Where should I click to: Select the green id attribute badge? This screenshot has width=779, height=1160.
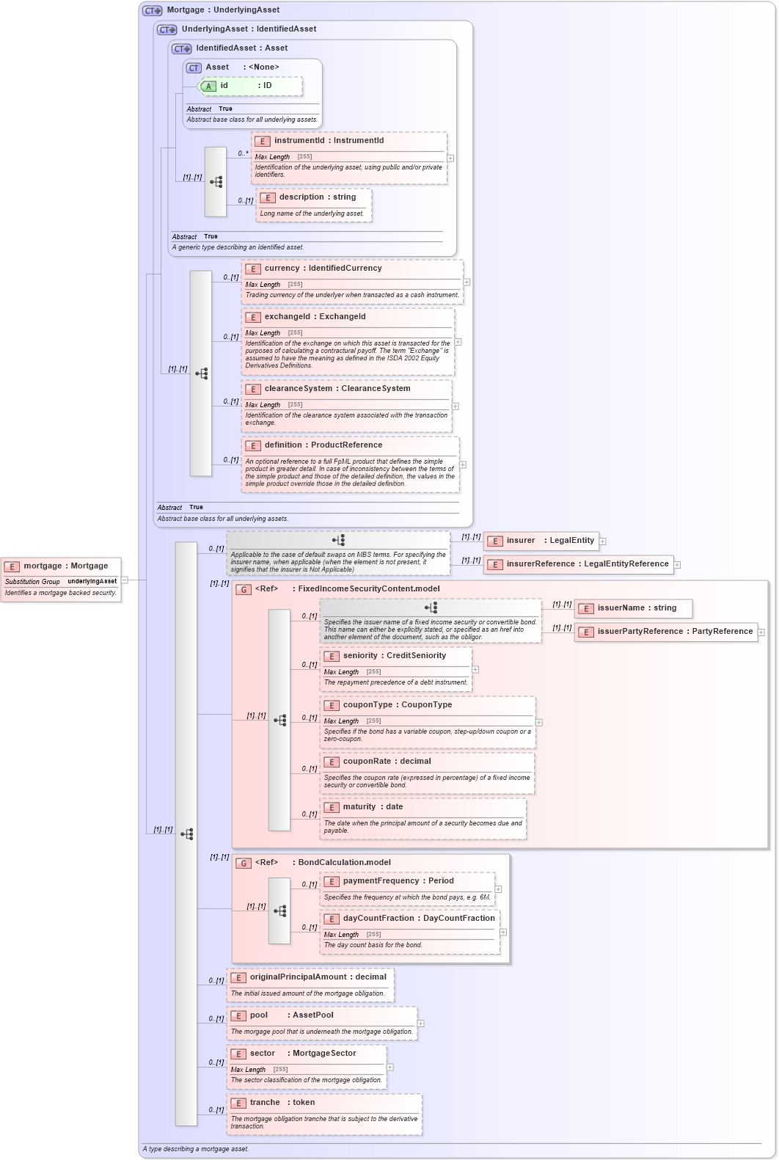(208, 87)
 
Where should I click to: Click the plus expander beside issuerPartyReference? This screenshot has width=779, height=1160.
(761, 632)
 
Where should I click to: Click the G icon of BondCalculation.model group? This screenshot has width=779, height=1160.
(244, 864)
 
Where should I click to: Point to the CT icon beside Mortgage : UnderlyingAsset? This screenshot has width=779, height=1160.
(152, 10)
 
